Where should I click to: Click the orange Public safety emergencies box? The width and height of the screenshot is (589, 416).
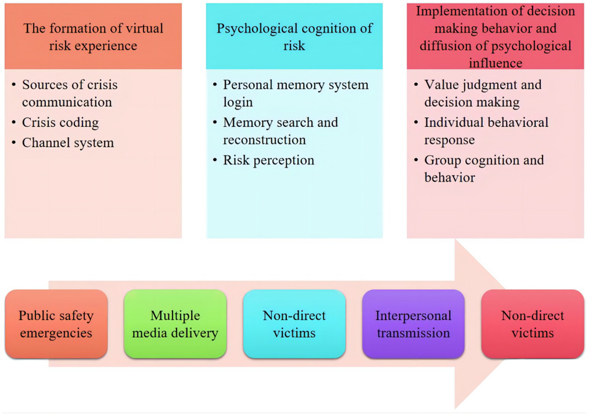(56, 324)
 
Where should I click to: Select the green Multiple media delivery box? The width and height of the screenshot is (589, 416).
(175, 324)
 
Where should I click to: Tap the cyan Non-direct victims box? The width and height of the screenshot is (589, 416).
(294, 324)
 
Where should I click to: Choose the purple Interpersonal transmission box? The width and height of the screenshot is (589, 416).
(413, 324)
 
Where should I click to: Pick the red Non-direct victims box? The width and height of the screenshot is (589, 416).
(532, 324)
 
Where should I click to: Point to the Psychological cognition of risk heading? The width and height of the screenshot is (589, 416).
(294, 36)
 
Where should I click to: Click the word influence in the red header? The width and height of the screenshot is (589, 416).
(495, 63)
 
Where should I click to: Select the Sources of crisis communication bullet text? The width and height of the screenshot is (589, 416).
(69, 93)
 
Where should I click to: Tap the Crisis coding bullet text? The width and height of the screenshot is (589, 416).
(60, 123)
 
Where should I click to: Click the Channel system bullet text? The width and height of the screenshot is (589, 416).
(68, 143)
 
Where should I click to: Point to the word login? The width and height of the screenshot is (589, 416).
(238, 103)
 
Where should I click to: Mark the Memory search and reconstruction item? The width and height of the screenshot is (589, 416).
(280, 131)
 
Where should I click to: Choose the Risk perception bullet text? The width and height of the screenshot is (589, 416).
(269, 160)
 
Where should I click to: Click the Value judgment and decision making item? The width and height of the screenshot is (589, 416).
(482, 93)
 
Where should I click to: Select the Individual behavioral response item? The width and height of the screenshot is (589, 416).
(486, 131)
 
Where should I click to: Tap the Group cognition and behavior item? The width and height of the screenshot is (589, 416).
(483, 168)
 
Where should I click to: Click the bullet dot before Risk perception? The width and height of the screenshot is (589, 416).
(215, 160)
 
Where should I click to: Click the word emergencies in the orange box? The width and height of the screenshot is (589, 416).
(56, 333)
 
